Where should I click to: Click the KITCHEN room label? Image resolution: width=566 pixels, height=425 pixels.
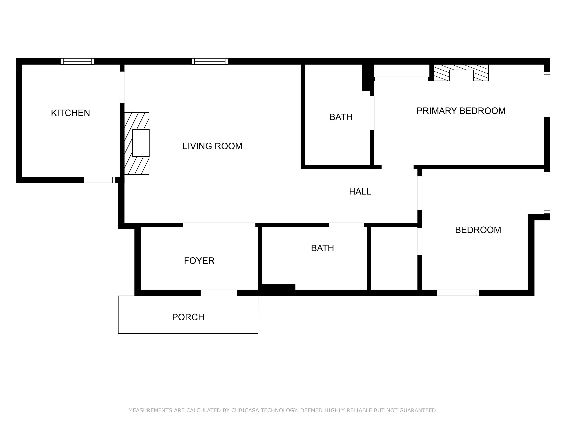click(70, 113)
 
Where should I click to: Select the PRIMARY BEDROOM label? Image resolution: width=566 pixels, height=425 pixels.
click(461, 111)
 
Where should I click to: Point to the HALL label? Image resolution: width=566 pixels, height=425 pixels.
click(360, 191)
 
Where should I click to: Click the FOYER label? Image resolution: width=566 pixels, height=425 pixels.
click(199, 261)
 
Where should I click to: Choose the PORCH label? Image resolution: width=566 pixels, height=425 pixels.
click(188, 317)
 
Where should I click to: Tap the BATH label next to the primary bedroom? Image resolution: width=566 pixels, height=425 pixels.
click(341, 117)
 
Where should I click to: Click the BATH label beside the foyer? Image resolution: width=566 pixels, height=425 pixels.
click(322, 248)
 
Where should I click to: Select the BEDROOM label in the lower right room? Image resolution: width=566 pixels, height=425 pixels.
click(478, 230)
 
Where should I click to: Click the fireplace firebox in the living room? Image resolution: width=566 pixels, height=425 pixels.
click(141, 143)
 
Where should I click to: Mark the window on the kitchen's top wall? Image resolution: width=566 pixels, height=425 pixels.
click(77, 61)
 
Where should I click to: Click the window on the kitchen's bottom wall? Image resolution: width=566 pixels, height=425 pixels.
click(100, 180)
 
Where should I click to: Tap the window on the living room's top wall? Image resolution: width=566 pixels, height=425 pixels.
click(210, 61)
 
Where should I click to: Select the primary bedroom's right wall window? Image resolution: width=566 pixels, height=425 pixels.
click(547, 94)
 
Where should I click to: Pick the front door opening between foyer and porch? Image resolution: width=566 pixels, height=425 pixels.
click(219, 293)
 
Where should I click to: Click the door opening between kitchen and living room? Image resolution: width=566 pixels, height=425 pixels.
click(122, 87)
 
